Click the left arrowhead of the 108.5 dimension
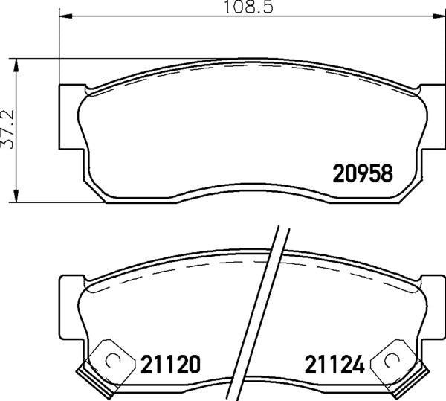click(x=62, y=15)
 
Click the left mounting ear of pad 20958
click(x=68, y=116)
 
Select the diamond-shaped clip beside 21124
click(x=390, y=362)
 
